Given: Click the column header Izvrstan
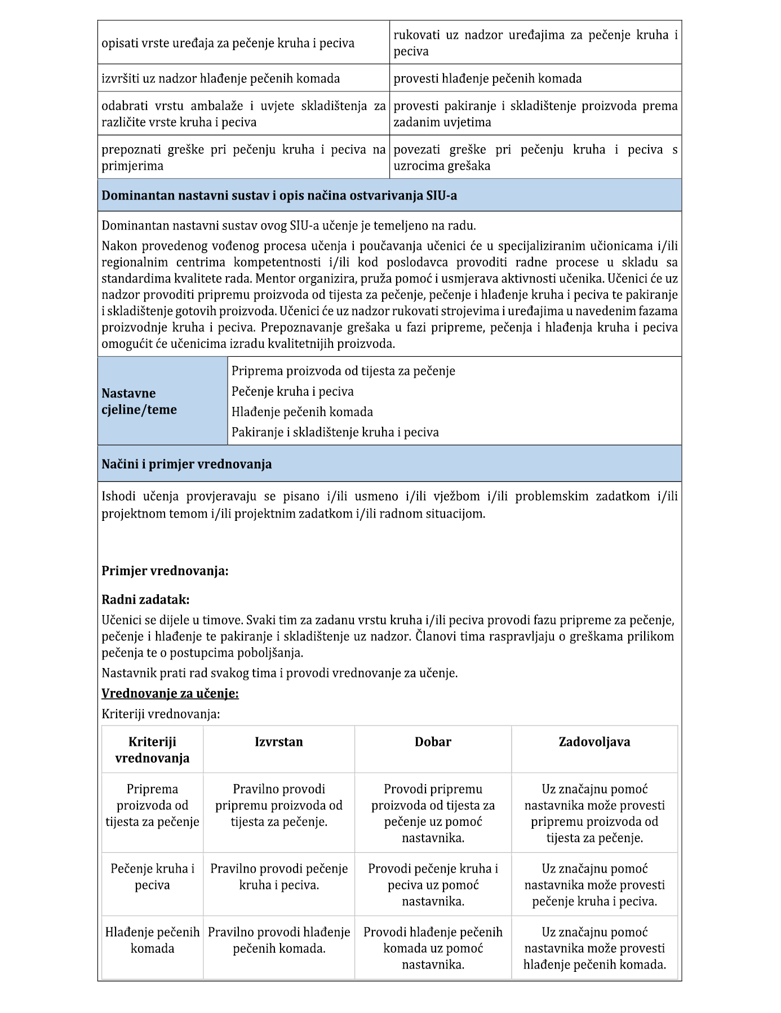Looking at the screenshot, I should (278, 742).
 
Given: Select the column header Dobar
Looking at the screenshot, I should (433, 742).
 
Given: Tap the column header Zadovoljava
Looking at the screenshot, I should (594, 742).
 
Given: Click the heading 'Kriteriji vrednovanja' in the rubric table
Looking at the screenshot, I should (152, 750).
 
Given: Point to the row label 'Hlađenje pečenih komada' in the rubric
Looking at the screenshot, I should (152, 940).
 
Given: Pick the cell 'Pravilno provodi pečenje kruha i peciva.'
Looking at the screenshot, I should (279, 877).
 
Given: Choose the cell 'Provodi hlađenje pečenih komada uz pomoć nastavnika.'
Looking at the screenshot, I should (433, 948).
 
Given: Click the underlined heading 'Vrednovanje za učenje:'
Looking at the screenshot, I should (170, 693).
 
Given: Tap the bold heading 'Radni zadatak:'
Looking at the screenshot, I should (145, 599).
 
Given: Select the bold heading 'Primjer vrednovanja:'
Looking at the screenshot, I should (165, 571).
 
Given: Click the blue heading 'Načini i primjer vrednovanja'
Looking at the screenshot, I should (187, 464).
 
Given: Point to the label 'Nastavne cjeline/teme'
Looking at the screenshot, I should (139, 401).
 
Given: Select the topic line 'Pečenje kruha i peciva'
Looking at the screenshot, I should (292, 391).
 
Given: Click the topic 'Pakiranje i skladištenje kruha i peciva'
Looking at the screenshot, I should (335, 432).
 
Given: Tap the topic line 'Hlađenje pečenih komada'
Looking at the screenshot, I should (302, 412).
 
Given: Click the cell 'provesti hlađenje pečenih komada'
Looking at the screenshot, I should (487, 78).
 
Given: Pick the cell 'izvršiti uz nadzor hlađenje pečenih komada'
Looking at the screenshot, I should (220, 78).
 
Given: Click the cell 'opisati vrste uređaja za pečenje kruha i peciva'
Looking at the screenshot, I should (228, 43).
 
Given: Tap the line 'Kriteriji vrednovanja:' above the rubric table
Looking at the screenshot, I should (161, 714).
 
